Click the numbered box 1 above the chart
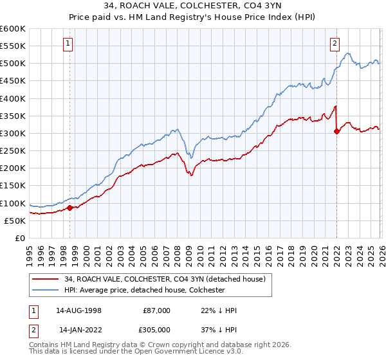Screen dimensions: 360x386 point(68,44)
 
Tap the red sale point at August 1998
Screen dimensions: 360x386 point(69,207)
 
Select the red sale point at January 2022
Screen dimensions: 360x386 point(336,131)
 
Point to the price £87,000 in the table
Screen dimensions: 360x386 point(156,310)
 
